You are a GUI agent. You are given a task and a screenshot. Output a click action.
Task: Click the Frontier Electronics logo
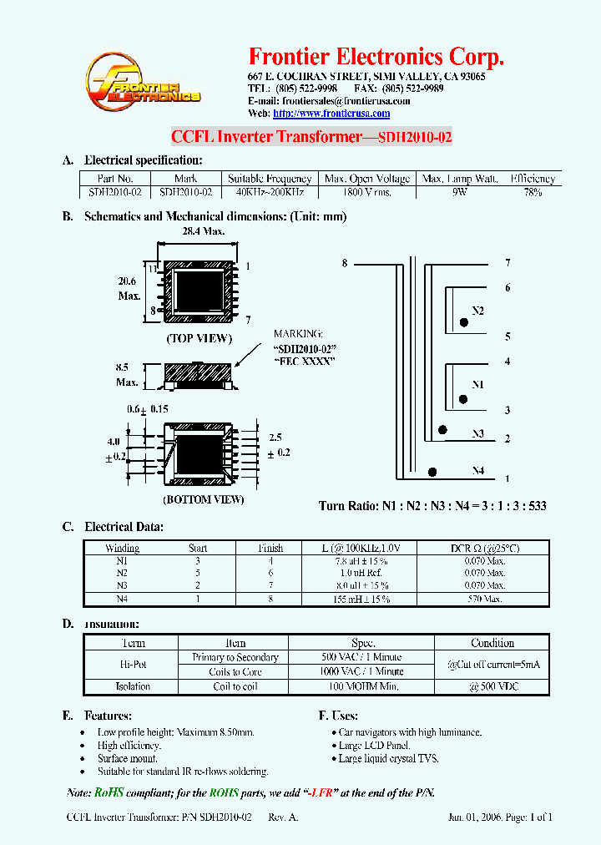click(x=143, y=86)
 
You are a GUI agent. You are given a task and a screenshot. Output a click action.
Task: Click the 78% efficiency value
click(x=533, y=191)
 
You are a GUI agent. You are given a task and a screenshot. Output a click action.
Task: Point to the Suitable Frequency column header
click(x=270, y=179)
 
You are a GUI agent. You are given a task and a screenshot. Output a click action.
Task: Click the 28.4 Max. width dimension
click(x=199, y=231)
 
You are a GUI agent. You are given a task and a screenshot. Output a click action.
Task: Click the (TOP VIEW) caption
click(x=199, y=338)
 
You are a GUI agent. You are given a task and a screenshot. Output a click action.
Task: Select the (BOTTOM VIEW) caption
click(x=203, y=499)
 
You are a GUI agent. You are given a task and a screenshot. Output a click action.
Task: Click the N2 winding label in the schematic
click(x=477, y=311)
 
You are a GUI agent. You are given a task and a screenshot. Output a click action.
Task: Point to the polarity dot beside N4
click(x=432, y=472)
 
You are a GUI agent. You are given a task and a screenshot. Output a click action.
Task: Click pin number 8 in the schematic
click(x=344, y=264)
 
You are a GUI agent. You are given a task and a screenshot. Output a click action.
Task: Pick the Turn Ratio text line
click(x=432, y=506)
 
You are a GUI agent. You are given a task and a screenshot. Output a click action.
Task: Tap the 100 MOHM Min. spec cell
click(x=361, y=686)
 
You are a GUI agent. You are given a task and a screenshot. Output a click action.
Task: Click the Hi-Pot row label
click(x=134, y=665)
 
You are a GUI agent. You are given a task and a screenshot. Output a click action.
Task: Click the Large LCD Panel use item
click(x=374, y=745)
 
